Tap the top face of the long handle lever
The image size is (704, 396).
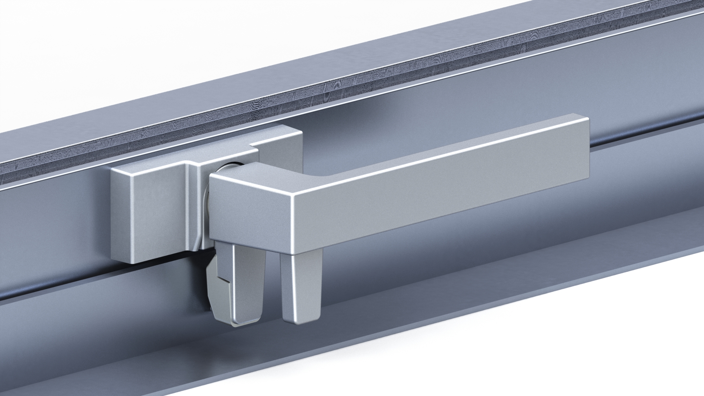click(x=440, y=147)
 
